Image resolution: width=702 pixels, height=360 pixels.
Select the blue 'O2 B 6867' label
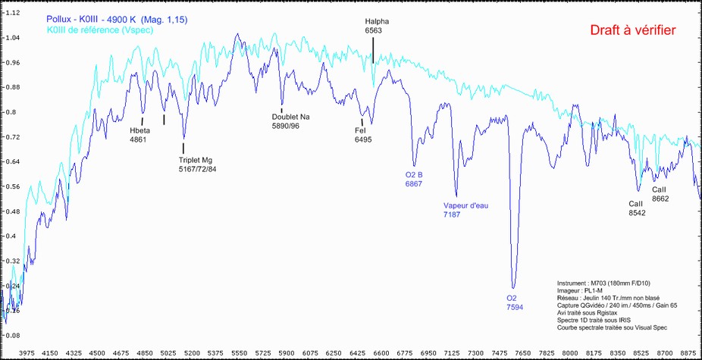(x=414, y=179)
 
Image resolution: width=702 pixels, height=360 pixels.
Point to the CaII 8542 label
(x=637, y=208)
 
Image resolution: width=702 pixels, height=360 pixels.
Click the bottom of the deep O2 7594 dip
(x=514, y=287)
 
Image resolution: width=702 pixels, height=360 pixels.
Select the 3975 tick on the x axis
(x=28, y=352)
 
